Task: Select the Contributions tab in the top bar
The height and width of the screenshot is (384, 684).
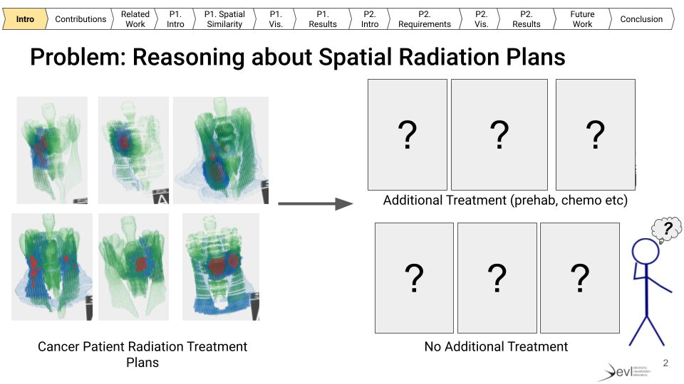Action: tap(81, 19)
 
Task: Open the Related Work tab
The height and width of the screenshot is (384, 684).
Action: tap(135, 19)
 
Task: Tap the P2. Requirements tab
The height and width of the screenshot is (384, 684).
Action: tap(424, 19)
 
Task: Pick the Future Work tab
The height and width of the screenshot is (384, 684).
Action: tap(582, 19)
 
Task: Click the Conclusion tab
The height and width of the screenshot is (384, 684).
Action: tap(641, 19)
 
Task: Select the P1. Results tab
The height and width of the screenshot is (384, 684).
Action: tap(322, 19)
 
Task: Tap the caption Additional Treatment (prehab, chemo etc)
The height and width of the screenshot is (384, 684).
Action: tap(505, 201)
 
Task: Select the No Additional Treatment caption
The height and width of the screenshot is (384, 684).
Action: tap(496, 347)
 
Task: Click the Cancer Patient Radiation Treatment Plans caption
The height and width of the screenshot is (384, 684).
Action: tap(142, 354)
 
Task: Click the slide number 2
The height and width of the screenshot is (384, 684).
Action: tap(665, 363)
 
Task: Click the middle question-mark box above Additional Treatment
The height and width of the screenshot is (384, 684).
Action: tap(499, 134)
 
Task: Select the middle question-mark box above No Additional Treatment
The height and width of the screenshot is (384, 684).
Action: tap(497, 277)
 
